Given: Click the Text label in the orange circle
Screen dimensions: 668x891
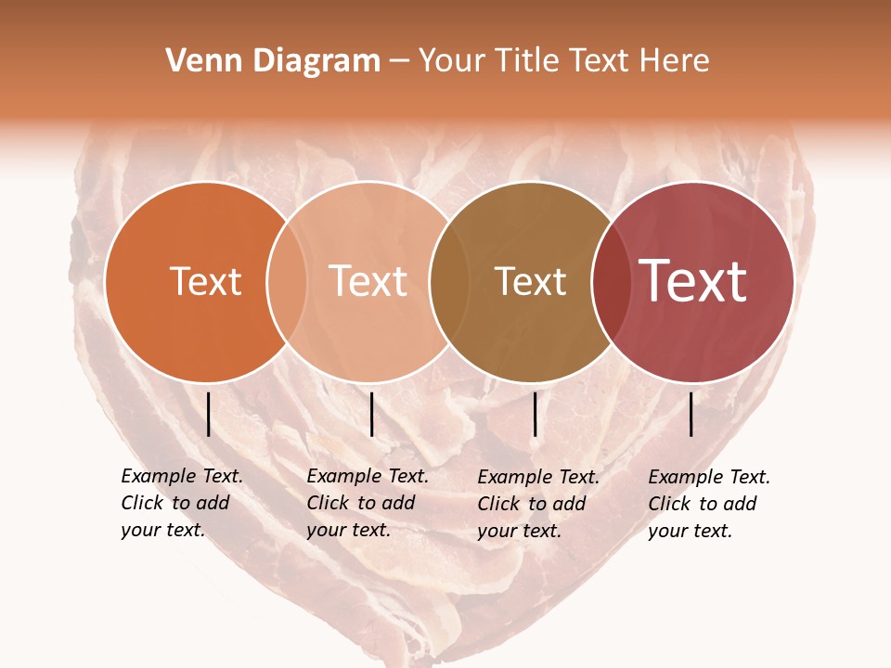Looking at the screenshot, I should click(205, 281).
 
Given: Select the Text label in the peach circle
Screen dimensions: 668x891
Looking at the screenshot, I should click(368, 281).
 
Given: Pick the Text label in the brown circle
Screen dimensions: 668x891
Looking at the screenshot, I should click(530, 281).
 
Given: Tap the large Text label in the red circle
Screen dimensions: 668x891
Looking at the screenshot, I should click(692, 281).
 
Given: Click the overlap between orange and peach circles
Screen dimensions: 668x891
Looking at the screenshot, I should click(287, 281).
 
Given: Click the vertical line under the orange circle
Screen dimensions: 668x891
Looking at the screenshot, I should click(209, 414).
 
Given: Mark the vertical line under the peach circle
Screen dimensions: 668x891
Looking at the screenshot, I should click(371, 414).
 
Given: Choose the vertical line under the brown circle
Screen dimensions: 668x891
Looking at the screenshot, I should click(536, 414).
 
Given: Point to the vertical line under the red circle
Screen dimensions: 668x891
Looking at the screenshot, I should click(691, 414).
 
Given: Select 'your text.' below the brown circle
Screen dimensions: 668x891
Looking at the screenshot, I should click(519, 531).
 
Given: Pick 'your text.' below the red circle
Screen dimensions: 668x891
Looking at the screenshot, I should click(690, 531).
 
